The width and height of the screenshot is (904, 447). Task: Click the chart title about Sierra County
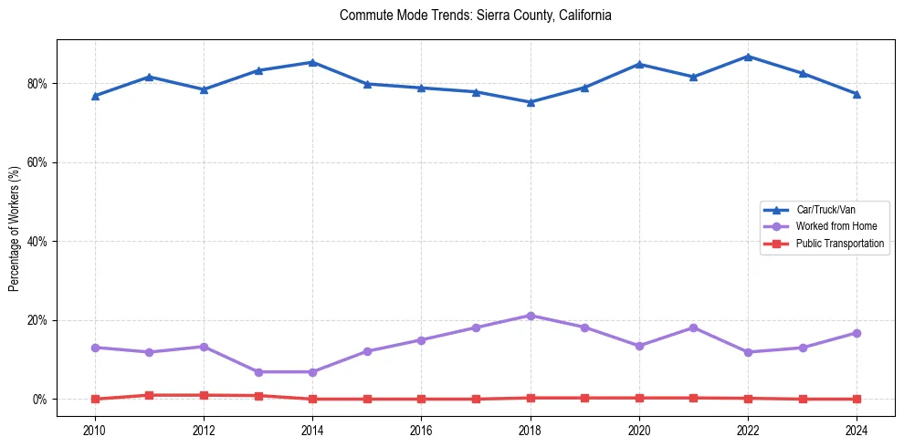point(475,16)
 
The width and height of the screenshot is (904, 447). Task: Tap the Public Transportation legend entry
point(839,244)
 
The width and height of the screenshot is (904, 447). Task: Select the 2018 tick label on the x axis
point(531,429)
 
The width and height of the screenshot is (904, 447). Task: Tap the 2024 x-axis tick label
point(857,429)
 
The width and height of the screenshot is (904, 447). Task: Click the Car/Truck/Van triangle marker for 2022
point(748,57)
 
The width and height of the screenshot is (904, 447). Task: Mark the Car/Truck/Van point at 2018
point(531,102)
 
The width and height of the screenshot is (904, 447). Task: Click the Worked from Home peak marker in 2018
point(531,316)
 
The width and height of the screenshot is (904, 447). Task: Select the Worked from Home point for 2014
point(312,372)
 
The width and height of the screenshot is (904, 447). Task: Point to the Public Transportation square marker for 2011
point(149,395)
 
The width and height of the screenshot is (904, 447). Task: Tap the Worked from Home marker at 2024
point(857,333)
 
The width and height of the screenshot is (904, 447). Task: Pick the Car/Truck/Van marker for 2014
point(312,62)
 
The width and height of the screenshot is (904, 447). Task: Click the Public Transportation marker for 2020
point(639,398)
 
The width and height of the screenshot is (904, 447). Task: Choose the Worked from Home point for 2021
point(693,327)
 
